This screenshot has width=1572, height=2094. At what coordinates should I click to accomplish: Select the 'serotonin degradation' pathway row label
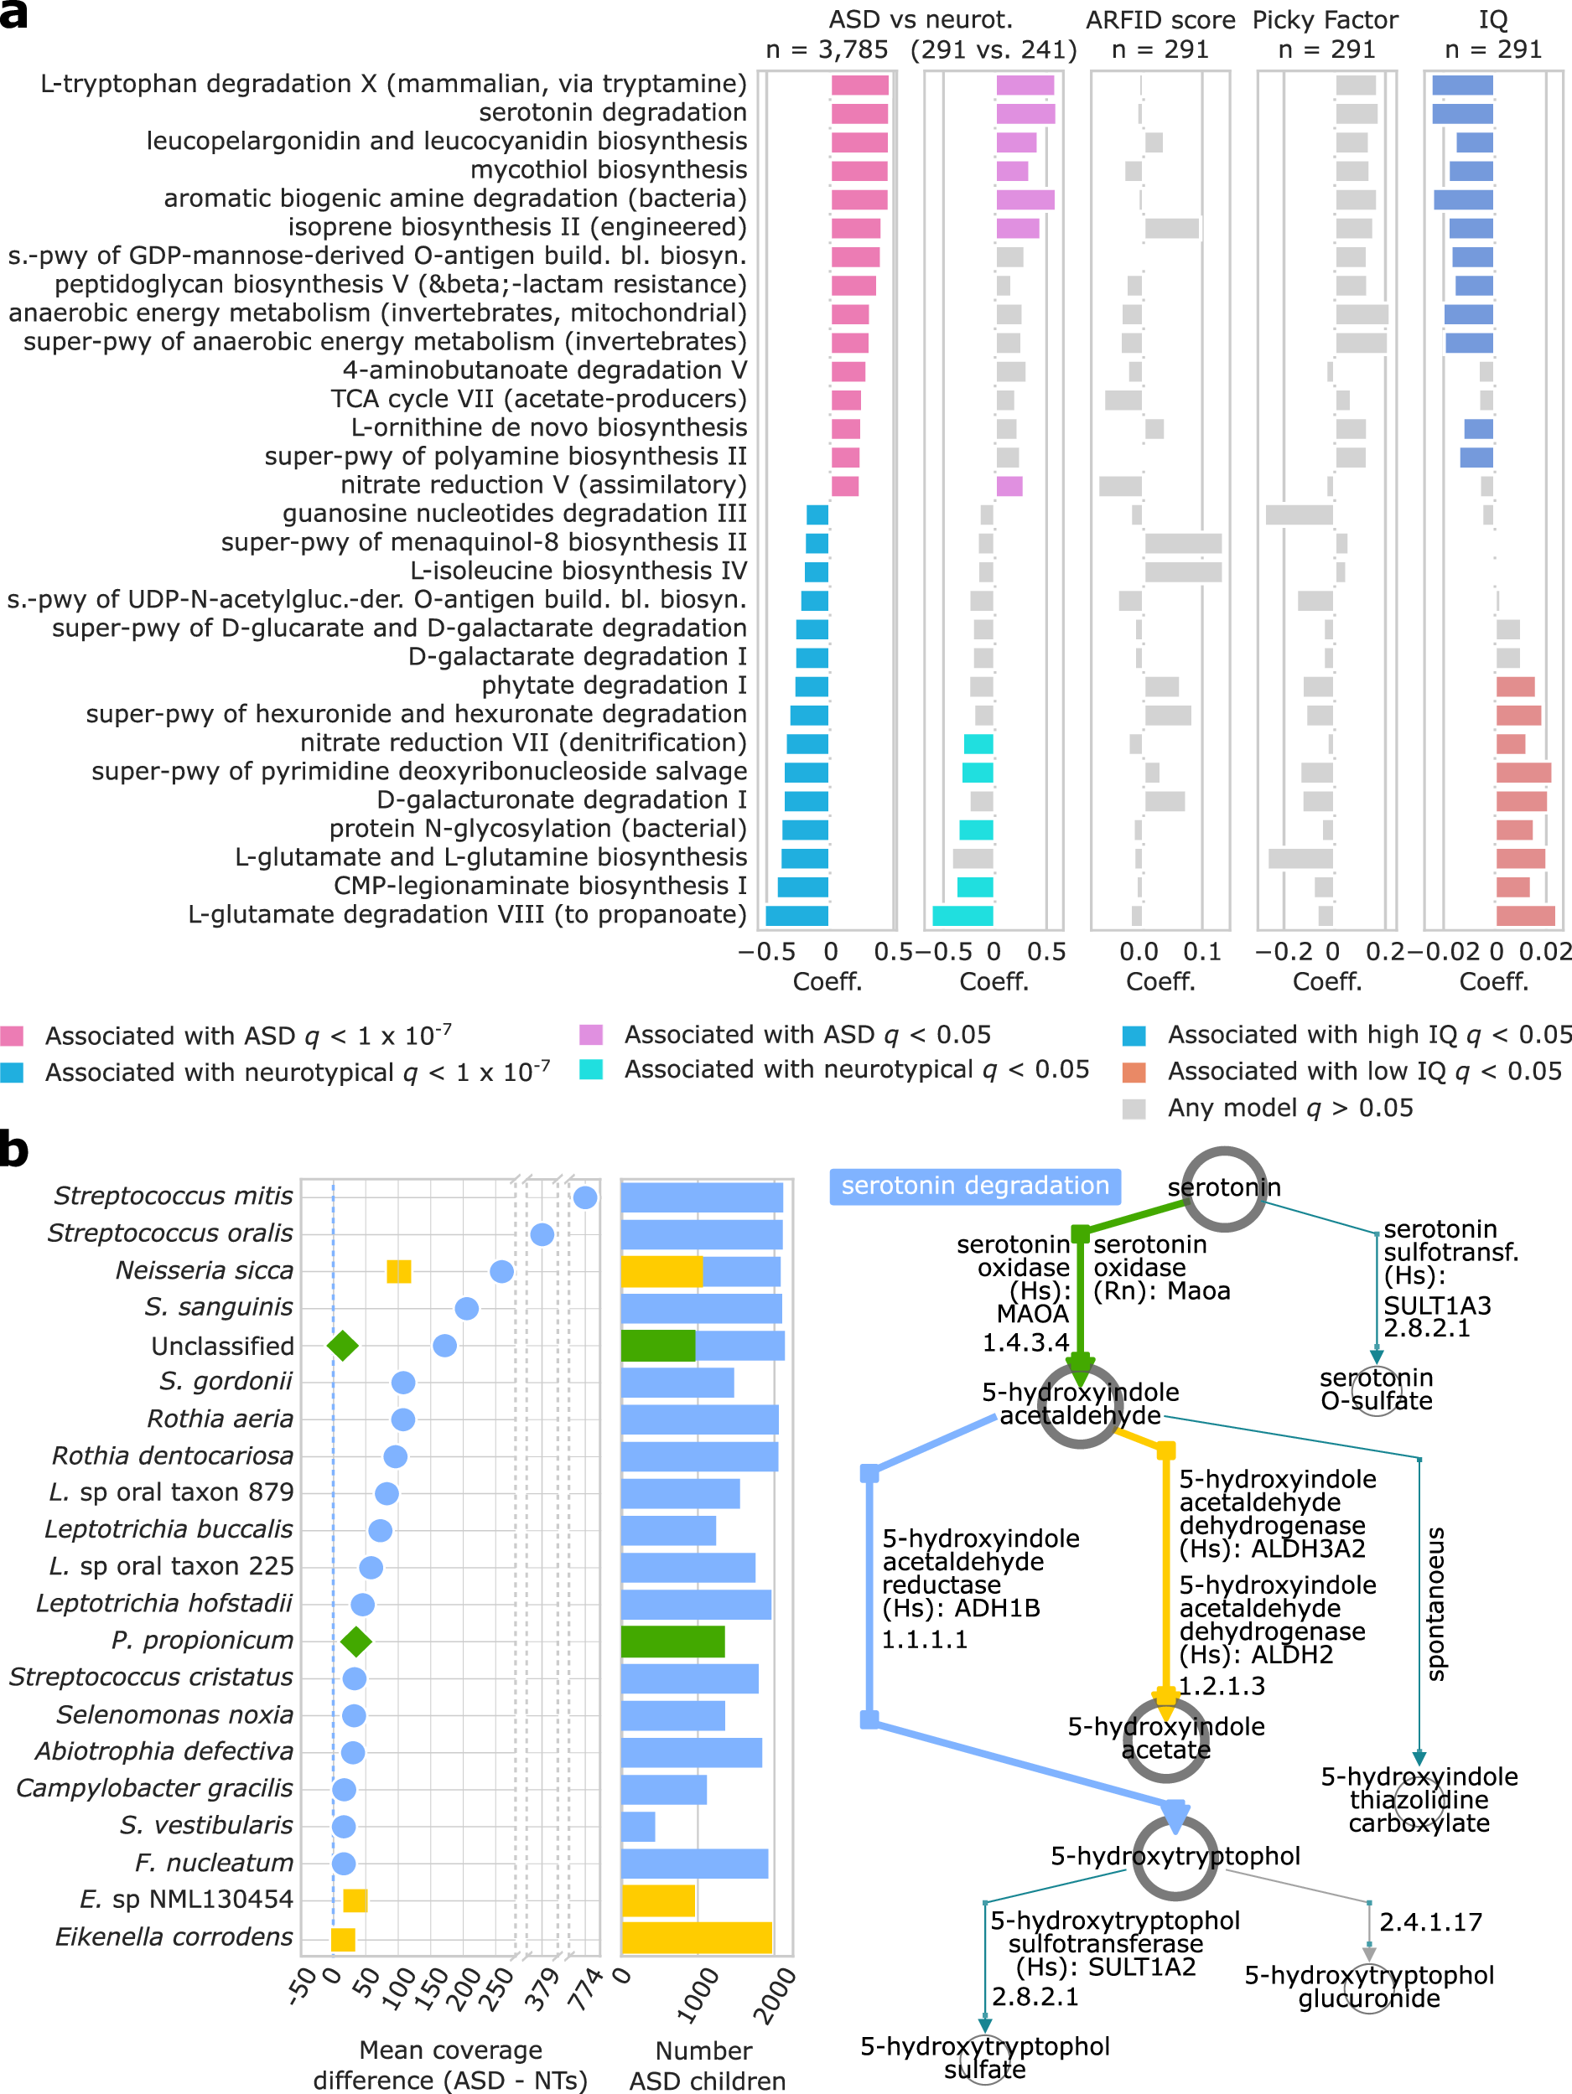coord(612,112)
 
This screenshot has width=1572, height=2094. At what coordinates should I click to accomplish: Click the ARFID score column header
coord(1160,21)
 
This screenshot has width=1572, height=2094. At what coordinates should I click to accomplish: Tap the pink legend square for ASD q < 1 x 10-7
coord(13,1035)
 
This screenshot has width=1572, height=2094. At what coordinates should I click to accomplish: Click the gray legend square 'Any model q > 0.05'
coord(1134,1109)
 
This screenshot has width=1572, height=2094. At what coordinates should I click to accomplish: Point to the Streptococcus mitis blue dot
coord(585,1197)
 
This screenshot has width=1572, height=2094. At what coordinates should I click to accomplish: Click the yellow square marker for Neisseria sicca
coord(399,1271)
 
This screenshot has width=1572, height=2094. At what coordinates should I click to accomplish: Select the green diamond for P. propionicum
coord(355,1642)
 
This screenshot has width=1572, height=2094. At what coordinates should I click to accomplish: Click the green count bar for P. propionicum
coord(672,1642)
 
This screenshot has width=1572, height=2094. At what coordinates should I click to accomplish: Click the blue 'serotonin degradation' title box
coord(974,1187)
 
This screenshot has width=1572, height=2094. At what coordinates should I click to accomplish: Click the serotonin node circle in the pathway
coord(1223,1188)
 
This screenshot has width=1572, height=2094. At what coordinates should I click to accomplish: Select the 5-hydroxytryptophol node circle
coord(1175,1858)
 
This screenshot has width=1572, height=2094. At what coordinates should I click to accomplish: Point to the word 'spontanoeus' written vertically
coord(1435,1603)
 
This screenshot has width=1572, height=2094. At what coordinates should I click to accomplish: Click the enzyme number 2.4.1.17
coord(1430,1921)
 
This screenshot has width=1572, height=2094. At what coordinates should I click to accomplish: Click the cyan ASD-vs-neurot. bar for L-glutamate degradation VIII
coord(962,915)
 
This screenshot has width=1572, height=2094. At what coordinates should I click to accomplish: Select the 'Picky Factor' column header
coord(1325,21)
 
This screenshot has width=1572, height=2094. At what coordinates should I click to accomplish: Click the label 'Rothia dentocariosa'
coord(173,1456)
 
